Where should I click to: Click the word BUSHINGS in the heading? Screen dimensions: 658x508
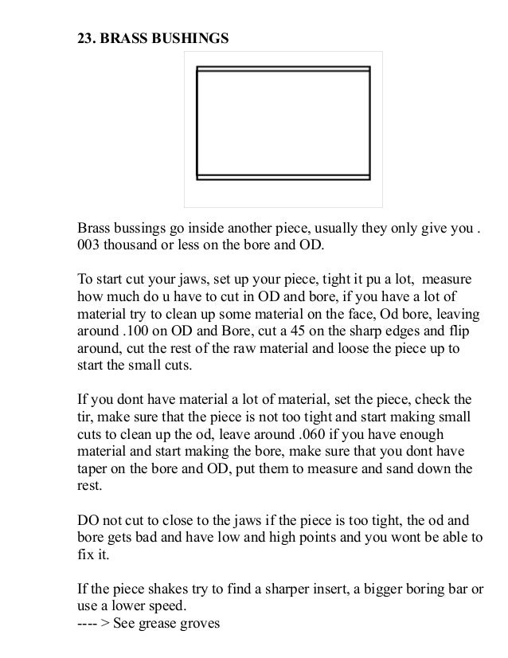click(x=186, y=37)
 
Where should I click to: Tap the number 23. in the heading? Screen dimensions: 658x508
click(x=87, y=37)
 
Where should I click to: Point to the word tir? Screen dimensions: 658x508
click(x=86, y=417)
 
